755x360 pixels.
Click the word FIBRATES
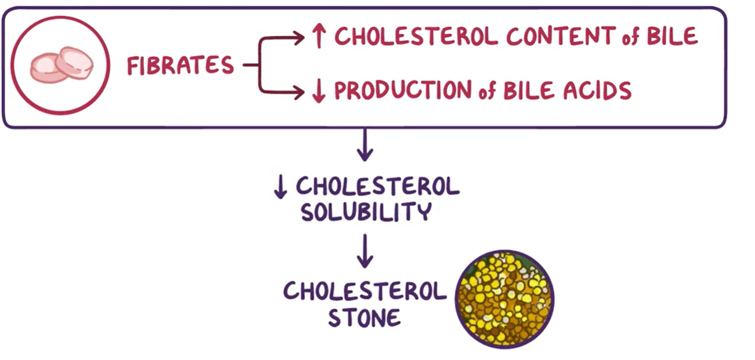point(180,66)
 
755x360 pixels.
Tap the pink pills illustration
point(61,65)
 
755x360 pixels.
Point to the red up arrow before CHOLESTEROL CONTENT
point(318,37)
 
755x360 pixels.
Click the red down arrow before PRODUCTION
point(318,90)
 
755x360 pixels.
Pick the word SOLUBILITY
point(365,212)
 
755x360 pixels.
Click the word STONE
point(364,317)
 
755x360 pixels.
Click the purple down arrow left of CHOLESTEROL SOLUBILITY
point(281,187)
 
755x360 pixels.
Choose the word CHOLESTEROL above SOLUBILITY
point(377,187)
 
